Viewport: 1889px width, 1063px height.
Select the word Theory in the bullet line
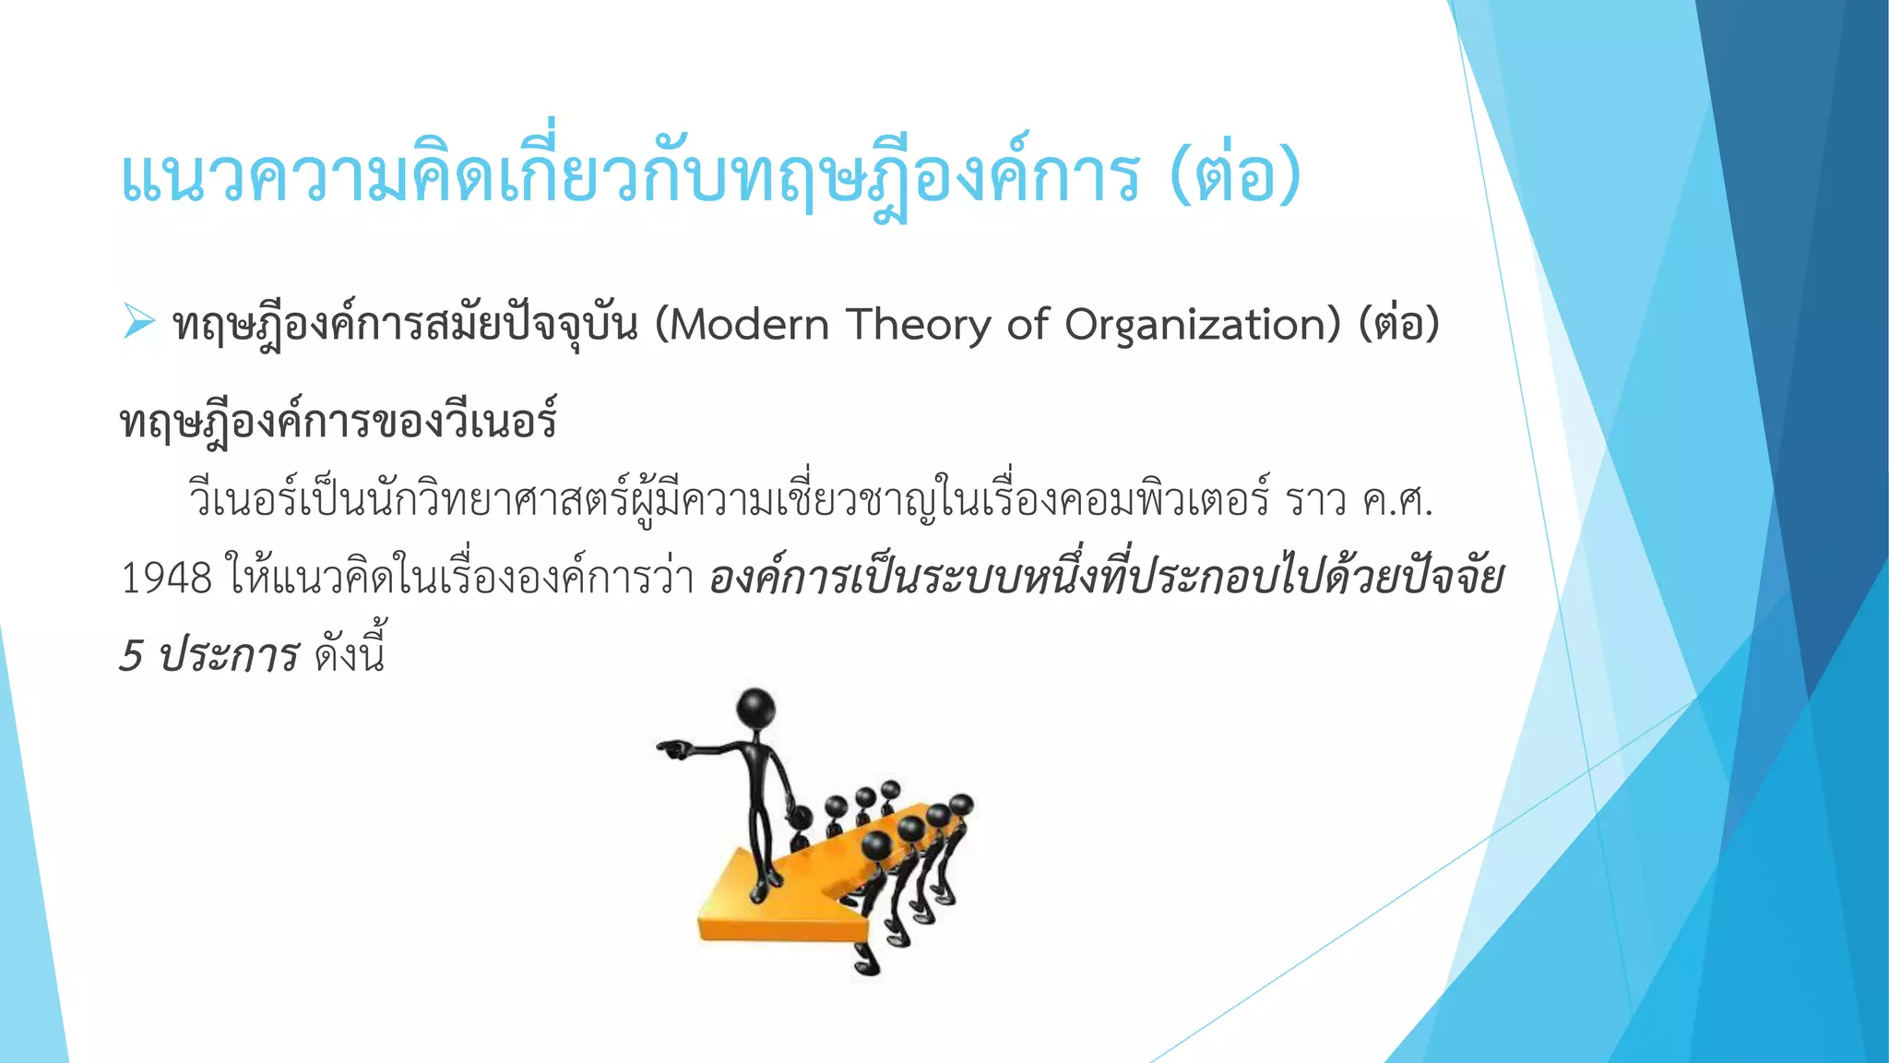(917, 325)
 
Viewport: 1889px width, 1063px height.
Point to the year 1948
(167, 579)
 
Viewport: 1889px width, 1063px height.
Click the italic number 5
(132, 656)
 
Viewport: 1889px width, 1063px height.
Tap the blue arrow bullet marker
(139, 321)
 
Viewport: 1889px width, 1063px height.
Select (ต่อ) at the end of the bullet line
(1398, 325)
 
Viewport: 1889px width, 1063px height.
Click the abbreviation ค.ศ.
(1397, 501)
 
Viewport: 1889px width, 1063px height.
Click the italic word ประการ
(228, 656)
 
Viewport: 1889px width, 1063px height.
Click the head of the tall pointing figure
(756, 709)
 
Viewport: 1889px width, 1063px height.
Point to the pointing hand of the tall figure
(671, 747)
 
